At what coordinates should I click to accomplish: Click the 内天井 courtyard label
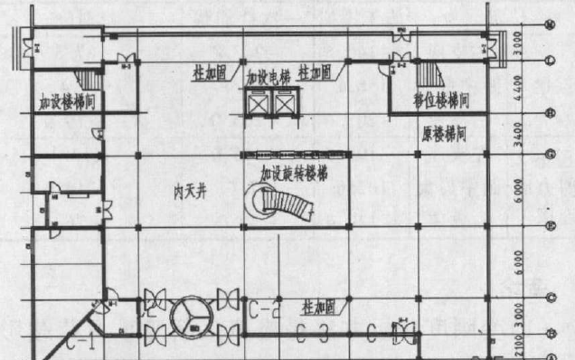(192, 193)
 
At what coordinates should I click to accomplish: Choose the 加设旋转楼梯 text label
(291, 171)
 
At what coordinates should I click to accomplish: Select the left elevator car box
(256, 106)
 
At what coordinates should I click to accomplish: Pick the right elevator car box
(286, 106)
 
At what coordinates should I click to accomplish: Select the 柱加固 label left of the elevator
(210, 70)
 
